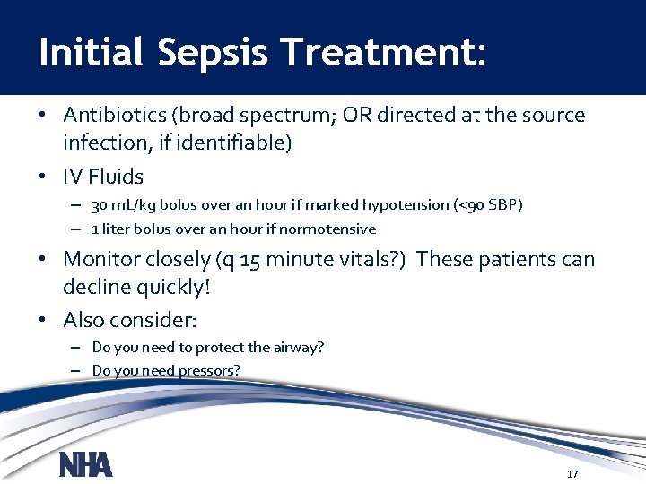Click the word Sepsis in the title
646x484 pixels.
pos(212,53)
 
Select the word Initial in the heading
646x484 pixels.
pos(91,53)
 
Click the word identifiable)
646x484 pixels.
pos(240,143)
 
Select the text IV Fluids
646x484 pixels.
pos(103,177)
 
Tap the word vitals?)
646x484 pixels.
pos(374,260)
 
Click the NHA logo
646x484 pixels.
pos(85,465)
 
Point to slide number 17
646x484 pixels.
pos(572,474)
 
